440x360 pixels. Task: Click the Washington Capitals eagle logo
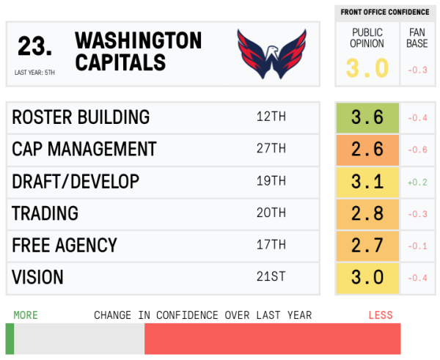(x=271, y=54)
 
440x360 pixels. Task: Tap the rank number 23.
(x=34, y=47)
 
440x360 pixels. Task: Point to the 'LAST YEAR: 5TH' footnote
(x=34, y=73)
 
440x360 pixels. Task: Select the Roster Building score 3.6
(x=367, y=117)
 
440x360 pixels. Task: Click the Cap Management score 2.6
(x=367, y=150)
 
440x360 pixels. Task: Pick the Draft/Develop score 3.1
(x=367, y=181)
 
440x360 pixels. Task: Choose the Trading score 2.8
(x=367, y=213)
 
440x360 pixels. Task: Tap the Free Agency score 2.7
(x=367, y=245)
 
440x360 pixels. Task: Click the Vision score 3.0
(x=367, y=277)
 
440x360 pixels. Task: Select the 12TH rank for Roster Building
(x=271, y=117)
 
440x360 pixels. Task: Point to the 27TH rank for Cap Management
(x=271, y=150)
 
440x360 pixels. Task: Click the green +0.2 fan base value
(x=417, y=182)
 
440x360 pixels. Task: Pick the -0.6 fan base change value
(x=417, y=150)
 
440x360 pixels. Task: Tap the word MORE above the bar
(x=25, y=315)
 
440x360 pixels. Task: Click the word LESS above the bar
(x=380, y=315)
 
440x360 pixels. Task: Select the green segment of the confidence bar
(x=10, y=339)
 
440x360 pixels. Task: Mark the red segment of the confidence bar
(x=272, y=339)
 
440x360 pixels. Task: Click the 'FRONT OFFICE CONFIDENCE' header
(x=384, y=12)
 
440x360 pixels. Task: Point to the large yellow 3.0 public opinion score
(x=367, y=68)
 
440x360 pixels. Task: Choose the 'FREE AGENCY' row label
(x=64, y=245)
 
